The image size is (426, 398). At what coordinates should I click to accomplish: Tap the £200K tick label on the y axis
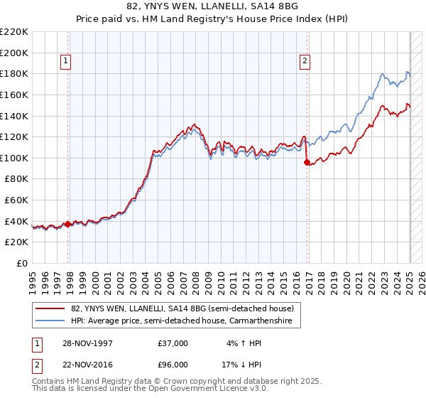tap(14, 53)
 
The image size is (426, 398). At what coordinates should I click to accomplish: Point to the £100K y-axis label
tap(14, 158)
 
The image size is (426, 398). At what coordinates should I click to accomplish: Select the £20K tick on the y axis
tap(17, 242)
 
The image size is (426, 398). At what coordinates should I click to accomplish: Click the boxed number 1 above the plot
tap(65, 62)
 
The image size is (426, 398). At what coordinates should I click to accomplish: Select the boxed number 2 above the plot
tap(305, 62)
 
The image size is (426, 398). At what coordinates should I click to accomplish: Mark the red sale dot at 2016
tap(307, 162)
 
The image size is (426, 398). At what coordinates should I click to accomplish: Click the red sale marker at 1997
tap(68, 224)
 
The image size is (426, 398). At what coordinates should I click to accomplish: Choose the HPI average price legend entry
tap(185, 321)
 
